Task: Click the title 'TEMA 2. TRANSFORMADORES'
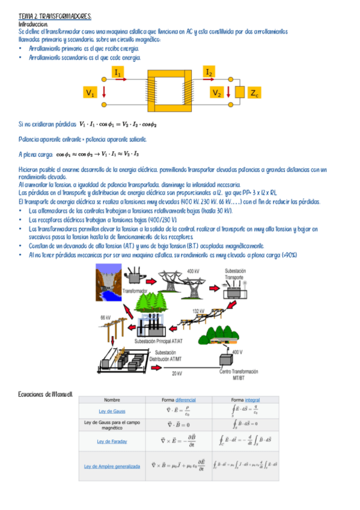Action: (55, 16)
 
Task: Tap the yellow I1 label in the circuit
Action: (118, 72)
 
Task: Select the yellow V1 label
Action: (91, 93)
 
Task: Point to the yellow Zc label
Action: (254, 93)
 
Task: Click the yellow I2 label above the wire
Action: (209, 72)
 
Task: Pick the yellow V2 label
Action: (217, 93)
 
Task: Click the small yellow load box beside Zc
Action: (239, 93)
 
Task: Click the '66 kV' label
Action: (105, 317)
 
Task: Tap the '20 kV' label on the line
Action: (176, 373)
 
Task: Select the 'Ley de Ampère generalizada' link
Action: (112, 465)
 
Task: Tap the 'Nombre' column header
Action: (112, 399)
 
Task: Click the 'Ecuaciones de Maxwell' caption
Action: (46, 394)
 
